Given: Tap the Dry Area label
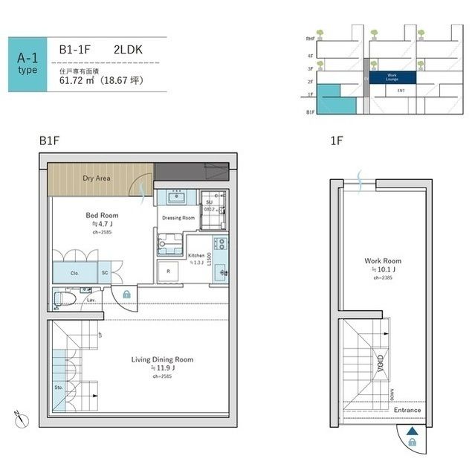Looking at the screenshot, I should pyautogui.click(x=97, y=178).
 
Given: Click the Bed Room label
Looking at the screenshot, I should pyautogui.click(x=102, y=215).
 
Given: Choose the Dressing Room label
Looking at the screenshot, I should pyautogui.click(x=178, y=218).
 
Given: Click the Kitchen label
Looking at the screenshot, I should pyautogui.click(x=196, y=255).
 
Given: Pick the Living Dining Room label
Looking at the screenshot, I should pyautogui.click(x=162, y=360).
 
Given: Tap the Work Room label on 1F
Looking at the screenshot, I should pyautogui.click(x=382, y=261).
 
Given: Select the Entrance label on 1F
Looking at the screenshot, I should pyautogui.click(x=407, y=411).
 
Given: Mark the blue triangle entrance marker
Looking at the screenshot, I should pyautogui.click(x=413, y=430).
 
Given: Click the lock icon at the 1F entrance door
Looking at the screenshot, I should pyautogui.click(x=413, y=443).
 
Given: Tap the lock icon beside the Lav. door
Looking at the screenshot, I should pyautogui.click(x=127, y=295).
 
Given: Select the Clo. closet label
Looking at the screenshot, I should pyautogui.click(x=75, y=273).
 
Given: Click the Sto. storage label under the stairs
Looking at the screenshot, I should pyautogui.click(x=59, y=387).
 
